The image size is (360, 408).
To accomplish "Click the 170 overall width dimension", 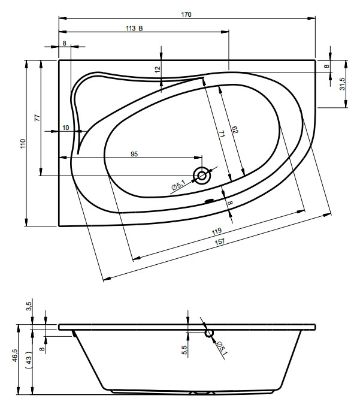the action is click(x=186, y=14).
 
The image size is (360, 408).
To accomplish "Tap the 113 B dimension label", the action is click(x=134, y=28).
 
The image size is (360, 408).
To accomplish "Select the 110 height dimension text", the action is click(x=23, y=144).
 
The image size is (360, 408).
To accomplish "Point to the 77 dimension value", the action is click(x=38, y=117).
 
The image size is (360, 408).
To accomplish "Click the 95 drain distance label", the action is click(x=134, y=154).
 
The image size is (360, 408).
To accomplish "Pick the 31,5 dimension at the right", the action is click(x=342, y=84).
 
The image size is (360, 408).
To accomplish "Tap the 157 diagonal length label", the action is click(x=220, y=241).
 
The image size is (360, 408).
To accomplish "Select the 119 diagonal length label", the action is click(x=217, y=231).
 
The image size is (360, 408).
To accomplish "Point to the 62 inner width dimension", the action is click(x=235, y=129).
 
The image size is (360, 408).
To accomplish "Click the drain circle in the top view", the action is click(x=202, y=176).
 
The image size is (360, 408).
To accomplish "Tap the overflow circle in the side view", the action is click(x=209, y=333).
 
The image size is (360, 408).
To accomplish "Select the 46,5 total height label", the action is click(x=14, y=355).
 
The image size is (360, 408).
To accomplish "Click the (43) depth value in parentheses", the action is click(x=29, y=360).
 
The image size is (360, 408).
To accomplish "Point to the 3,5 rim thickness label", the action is click(x=29, y=306).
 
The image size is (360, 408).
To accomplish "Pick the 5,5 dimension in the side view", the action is click(x=184, y=350).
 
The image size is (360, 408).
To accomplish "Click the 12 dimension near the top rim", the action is click(x=158, y=69).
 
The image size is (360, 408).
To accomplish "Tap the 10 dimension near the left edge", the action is click(x=65, y=128).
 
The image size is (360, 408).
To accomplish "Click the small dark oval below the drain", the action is click(x=209, y=201).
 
